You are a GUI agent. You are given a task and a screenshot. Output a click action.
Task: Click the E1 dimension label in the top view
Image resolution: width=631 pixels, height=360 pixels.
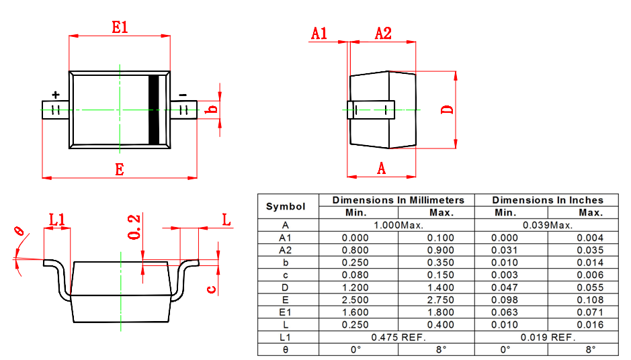[x=120, y=28]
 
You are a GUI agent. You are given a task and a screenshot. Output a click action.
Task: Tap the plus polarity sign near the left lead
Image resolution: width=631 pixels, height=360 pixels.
[x=55, y=95]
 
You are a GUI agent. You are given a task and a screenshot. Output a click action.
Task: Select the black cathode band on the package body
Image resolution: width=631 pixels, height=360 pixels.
[x=155, y=109]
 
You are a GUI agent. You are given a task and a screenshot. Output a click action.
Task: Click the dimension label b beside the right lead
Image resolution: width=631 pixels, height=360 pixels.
[x=212, y=109]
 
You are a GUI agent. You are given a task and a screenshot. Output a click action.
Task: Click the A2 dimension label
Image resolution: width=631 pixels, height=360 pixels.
[x=382, y=33]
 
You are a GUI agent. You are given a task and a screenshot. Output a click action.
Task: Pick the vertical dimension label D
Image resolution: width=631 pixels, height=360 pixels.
[x=448, y=109]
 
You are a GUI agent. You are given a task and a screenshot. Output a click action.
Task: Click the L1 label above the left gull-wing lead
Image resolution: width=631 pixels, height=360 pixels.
[x=57, y=219]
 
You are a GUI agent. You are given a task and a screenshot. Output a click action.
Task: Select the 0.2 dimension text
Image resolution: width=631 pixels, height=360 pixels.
[x=134, y=227]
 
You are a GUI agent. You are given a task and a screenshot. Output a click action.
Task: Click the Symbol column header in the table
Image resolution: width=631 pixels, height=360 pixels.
[x=286, y=206]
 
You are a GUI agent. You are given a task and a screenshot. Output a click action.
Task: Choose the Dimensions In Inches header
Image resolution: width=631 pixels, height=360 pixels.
[x=547, y=200]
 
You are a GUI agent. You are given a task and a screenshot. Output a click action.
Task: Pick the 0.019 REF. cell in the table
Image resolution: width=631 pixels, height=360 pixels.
[x=547, y=337]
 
